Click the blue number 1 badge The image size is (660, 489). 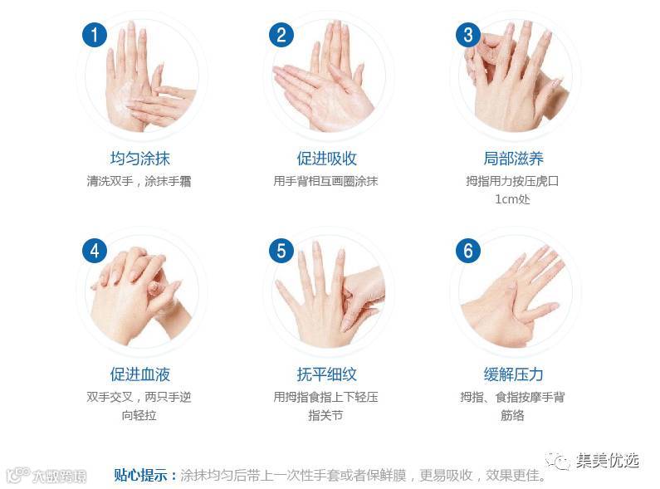pyautogui.click(x=95, y=35)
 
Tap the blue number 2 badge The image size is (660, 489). pyautogui.click(x=281, y=35)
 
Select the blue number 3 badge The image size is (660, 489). pyautogui.click(x=468, y=35)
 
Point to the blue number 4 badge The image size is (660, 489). pyautogui.click(x=95, y=251)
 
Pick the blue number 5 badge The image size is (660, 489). pyautogui.click(x=281, y=251)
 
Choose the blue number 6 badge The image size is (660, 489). pyautogui.click(x=468, y=251)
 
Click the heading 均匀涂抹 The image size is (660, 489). pyautogui.click(x=139, y=159)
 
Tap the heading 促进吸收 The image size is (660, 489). pyautogui.click(x=326, y=159)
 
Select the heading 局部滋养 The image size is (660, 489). pyautogui.click(x=513, y=159)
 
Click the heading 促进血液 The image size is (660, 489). pyautogui.click(x=139, y=374)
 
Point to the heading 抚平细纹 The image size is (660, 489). pyautogui.click(x=326, y=374)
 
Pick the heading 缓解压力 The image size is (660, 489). pyautogui.click(x=513, y=374)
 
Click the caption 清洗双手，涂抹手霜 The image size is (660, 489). pyautogui.click(x=139, y=181)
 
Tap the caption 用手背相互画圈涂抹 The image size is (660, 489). pyautogui.click(x=325, y=181)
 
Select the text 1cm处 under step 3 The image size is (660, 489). pyautogui.click(x=512, y=199)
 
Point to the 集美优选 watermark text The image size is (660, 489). pyautogui.click(x=608, y=461)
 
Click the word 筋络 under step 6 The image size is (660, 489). pyautogui.click(x=512, y=415)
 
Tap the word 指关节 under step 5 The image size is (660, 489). pyautogui.click(x=325, y=415)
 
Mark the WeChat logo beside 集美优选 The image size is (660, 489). pyautogui.click(x=558, y=462)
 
